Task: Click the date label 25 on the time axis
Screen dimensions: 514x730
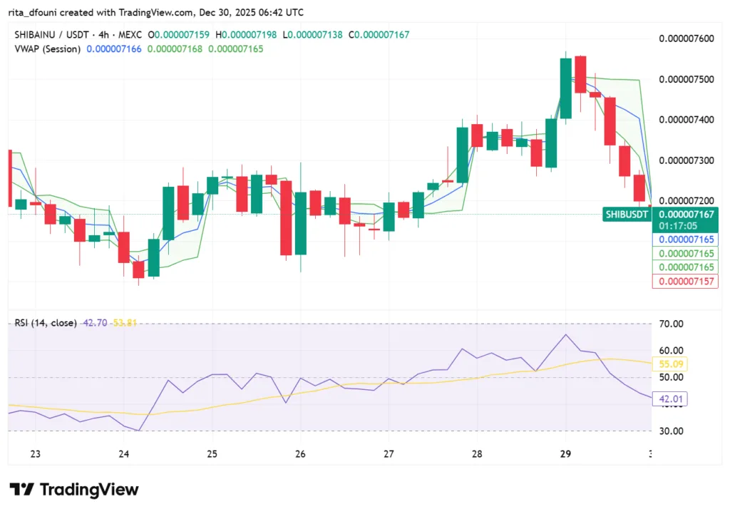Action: pyautogui.click(x=212, y=454)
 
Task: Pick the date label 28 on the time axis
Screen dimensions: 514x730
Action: pyautogui.click(x=477, y=454)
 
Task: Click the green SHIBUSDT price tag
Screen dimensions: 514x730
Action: pyautogui.click(x=627, y=214)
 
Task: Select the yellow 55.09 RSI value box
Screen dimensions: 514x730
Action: pyautogui.click(x=670, y=364)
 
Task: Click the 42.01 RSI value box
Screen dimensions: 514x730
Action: pyautogui.click(x=670, y=399)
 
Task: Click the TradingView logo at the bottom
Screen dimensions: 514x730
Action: pyautogui.click(x=74, y=490)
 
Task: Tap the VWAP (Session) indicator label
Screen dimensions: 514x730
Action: pyautogui.click(x=47, y=48)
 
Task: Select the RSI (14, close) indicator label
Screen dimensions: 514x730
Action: pyautogui.click(x=46, y=323)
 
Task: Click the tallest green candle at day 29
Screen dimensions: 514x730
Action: pyautogui.click(x=565, y=88)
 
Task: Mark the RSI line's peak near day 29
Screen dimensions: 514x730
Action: pyautogui.click(x=566, y=334)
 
